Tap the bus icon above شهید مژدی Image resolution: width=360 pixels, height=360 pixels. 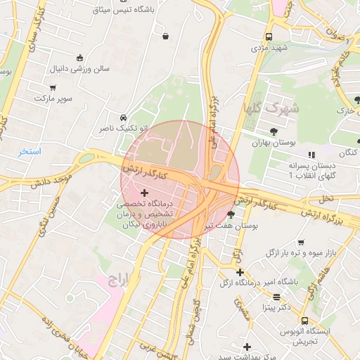pyautogui.click(x=269, y=37)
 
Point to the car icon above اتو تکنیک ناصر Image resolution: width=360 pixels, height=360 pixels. pyautogui.click(x=123, y=117)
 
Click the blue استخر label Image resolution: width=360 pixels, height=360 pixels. pyautogui.click(x=30, y=152)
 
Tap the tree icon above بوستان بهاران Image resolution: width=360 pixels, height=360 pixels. pyautogui.click(x=274, y=130)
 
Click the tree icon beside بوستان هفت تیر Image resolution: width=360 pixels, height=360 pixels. pyautogui.click(x=231, y=215)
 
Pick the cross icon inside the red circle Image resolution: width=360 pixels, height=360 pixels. pyautogui.click(x=145, y=193)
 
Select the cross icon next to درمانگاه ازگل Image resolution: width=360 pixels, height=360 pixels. pyautogui.click(x=240, y=272)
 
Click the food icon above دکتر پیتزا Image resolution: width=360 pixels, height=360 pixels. pyautogui.click(x=277, y=297)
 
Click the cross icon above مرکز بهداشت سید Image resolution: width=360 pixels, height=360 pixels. pyautogui.click(x=247, y=347)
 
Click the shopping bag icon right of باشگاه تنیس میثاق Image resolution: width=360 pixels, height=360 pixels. pyautogui.click(x=165, y=35)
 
